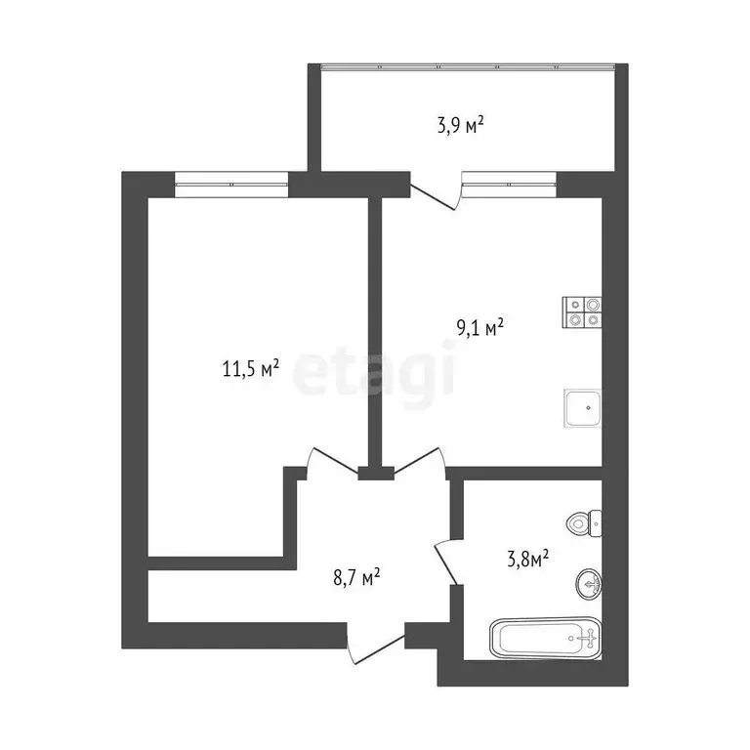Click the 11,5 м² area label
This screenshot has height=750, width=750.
click(x=252, y=368)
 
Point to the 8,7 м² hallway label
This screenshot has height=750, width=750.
click(x=356, y=577)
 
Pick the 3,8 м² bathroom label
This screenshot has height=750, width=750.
click(x=524, y=558)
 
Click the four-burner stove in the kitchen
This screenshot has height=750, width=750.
click(x=582, y=311)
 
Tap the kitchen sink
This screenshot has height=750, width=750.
click(x=582, y=407)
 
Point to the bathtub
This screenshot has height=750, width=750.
click(x=543, y=640)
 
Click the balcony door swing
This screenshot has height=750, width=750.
click(x=437, y=192)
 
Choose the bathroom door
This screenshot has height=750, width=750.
click(x=447, y=562)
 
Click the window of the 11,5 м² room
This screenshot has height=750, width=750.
click(x=231, y=184)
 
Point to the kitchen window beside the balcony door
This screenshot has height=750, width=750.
click(x=508, y=184)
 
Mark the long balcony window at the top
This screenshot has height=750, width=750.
click(x=468, y=67)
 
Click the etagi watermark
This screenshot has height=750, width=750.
click(x=375, y=374)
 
